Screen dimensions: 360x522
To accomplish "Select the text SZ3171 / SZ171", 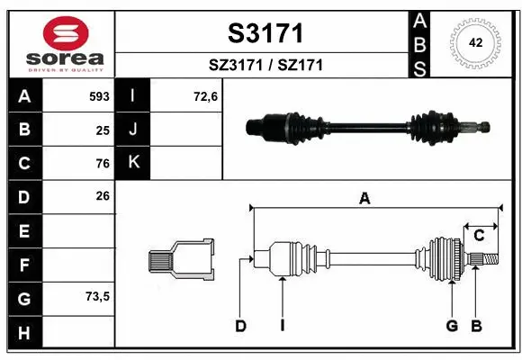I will (263, 65).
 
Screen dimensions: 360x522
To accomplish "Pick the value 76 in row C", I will (103, 163).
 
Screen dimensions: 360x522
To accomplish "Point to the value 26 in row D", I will (103, 195).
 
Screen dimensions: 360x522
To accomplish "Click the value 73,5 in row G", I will (97, 296).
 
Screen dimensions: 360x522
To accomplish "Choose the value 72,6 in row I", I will (206, 95).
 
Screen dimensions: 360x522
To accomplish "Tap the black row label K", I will (133, 163).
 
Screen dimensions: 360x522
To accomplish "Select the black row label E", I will (23, 230).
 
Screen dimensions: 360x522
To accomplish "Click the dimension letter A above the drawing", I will (364, 200).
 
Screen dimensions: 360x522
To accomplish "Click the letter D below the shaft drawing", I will (240, 326).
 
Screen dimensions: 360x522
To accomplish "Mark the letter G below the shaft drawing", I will (452, 326).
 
